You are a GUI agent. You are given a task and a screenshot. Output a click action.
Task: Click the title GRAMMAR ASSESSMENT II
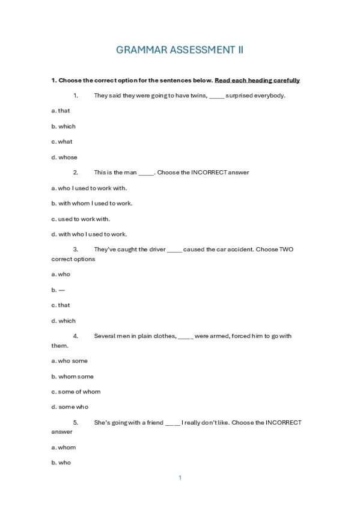click(x=180, y=50)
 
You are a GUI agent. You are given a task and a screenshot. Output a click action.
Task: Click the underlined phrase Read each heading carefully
click(x=257, y=81)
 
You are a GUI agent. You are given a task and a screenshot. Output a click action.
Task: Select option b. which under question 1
click(x=64, y=126)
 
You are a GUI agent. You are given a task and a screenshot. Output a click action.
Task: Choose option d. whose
click(x=64, y=158)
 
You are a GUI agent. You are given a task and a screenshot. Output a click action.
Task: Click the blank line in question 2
click(x=146, y=173)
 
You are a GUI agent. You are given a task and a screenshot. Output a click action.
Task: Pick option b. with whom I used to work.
click(x=92, y=203)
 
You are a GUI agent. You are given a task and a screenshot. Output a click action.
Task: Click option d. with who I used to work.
click(x=89, y=235)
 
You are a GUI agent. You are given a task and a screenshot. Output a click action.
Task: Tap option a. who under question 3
click(x=61, y=274)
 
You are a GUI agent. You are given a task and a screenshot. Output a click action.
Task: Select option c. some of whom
click(x=76, y=392)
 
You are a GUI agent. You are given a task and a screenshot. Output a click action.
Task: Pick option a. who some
click(x=70, y=361)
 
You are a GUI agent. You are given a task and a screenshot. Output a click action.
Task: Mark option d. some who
click(x=70, y=407)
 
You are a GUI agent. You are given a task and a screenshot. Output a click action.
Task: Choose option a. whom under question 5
click(x=64, y=447)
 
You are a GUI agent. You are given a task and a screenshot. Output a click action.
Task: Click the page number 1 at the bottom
click(x=180, y=478)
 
